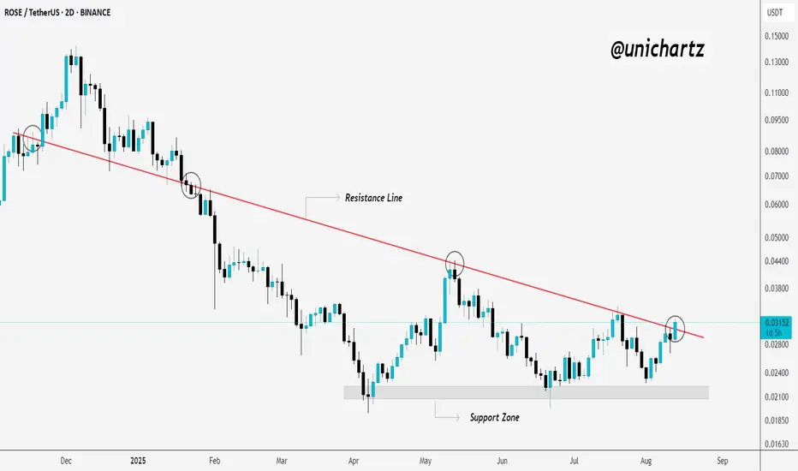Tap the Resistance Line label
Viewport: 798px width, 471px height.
(x=373, y=198)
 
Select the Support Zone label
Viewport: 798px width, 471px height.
(x=494, y=418)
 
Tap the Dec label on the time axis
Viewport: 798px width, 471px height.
(x=65, y=460)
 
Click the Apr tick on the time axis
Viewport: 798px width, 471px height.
(x=354, y=460)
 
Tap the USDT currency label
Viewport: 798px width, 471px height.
(x=773, y=13)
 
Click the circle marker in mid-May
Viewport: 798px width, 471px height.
(x=455, y=263)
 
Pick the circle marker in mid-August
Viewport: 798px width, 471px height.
(x=676, y=326)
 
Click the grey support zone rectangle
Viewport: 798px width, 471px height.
(x=526, y=392)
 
